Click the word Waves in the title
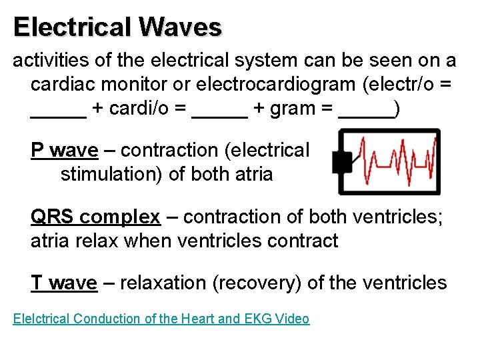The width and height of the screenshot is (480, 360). click(180, 27)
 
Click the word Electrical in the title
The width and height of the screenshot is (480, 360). click(72, 27)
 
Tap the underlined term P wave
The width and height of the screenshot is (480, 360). click(64, 151)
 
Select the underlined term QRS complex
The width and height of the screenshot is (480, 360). click(95, 217)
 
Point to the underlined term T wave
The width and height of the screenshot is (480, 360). click(63, 283)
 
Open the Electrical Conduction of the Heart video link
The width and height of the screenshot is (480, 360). click(161, 319)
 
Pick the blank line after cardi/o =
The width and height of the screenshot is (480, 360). click(219, 113)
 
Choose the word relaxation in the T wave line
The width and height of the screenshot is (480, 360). click(159, 283)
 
